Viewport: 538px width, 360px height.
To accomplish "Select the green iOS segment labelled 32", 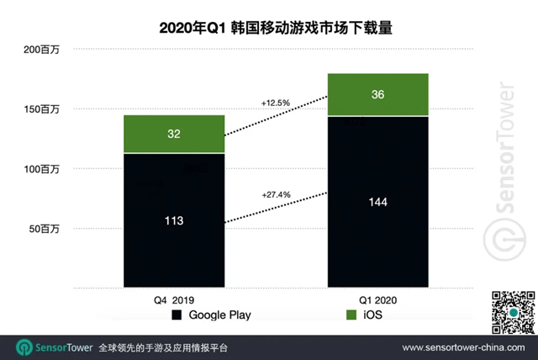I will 174,135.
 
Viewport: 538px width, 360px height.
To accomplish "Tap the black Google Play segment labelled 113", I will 174,220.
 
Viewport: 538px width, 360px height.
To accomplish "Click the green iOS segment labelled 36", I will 378,95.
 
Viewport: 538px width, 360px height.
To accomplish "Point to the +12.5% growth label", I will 276,103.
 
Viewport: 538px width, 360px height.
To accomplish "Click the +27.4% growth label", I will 276,194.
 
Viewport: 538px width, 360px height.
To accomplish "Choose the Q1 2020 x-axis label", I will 378,298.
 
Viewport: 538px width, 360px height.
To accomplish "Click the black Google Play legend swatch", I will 177,315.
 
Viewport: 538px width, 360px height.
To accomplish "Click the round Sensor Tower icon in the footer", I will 24,347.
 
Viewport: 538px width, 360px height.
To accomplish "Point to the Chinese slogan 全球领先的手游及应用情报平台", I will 162,347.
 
